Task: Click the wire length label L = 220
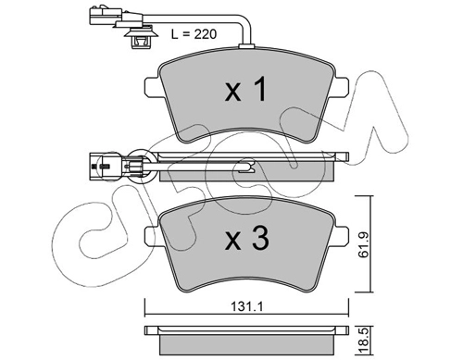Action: click(194, 34)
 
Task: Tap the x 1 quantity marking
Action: click(245, 90)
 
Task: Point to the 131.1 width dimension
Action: click(246, 306)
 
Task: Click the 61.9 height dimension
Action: click(365, 245)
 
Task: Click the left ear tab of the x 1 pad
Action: click(152, 86)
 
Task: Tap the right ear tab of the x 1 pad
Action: click(342, 86)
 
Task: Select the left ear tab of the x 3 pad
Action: click(152, 237)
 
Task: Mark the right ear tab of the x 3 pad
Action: click(342, 237)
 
